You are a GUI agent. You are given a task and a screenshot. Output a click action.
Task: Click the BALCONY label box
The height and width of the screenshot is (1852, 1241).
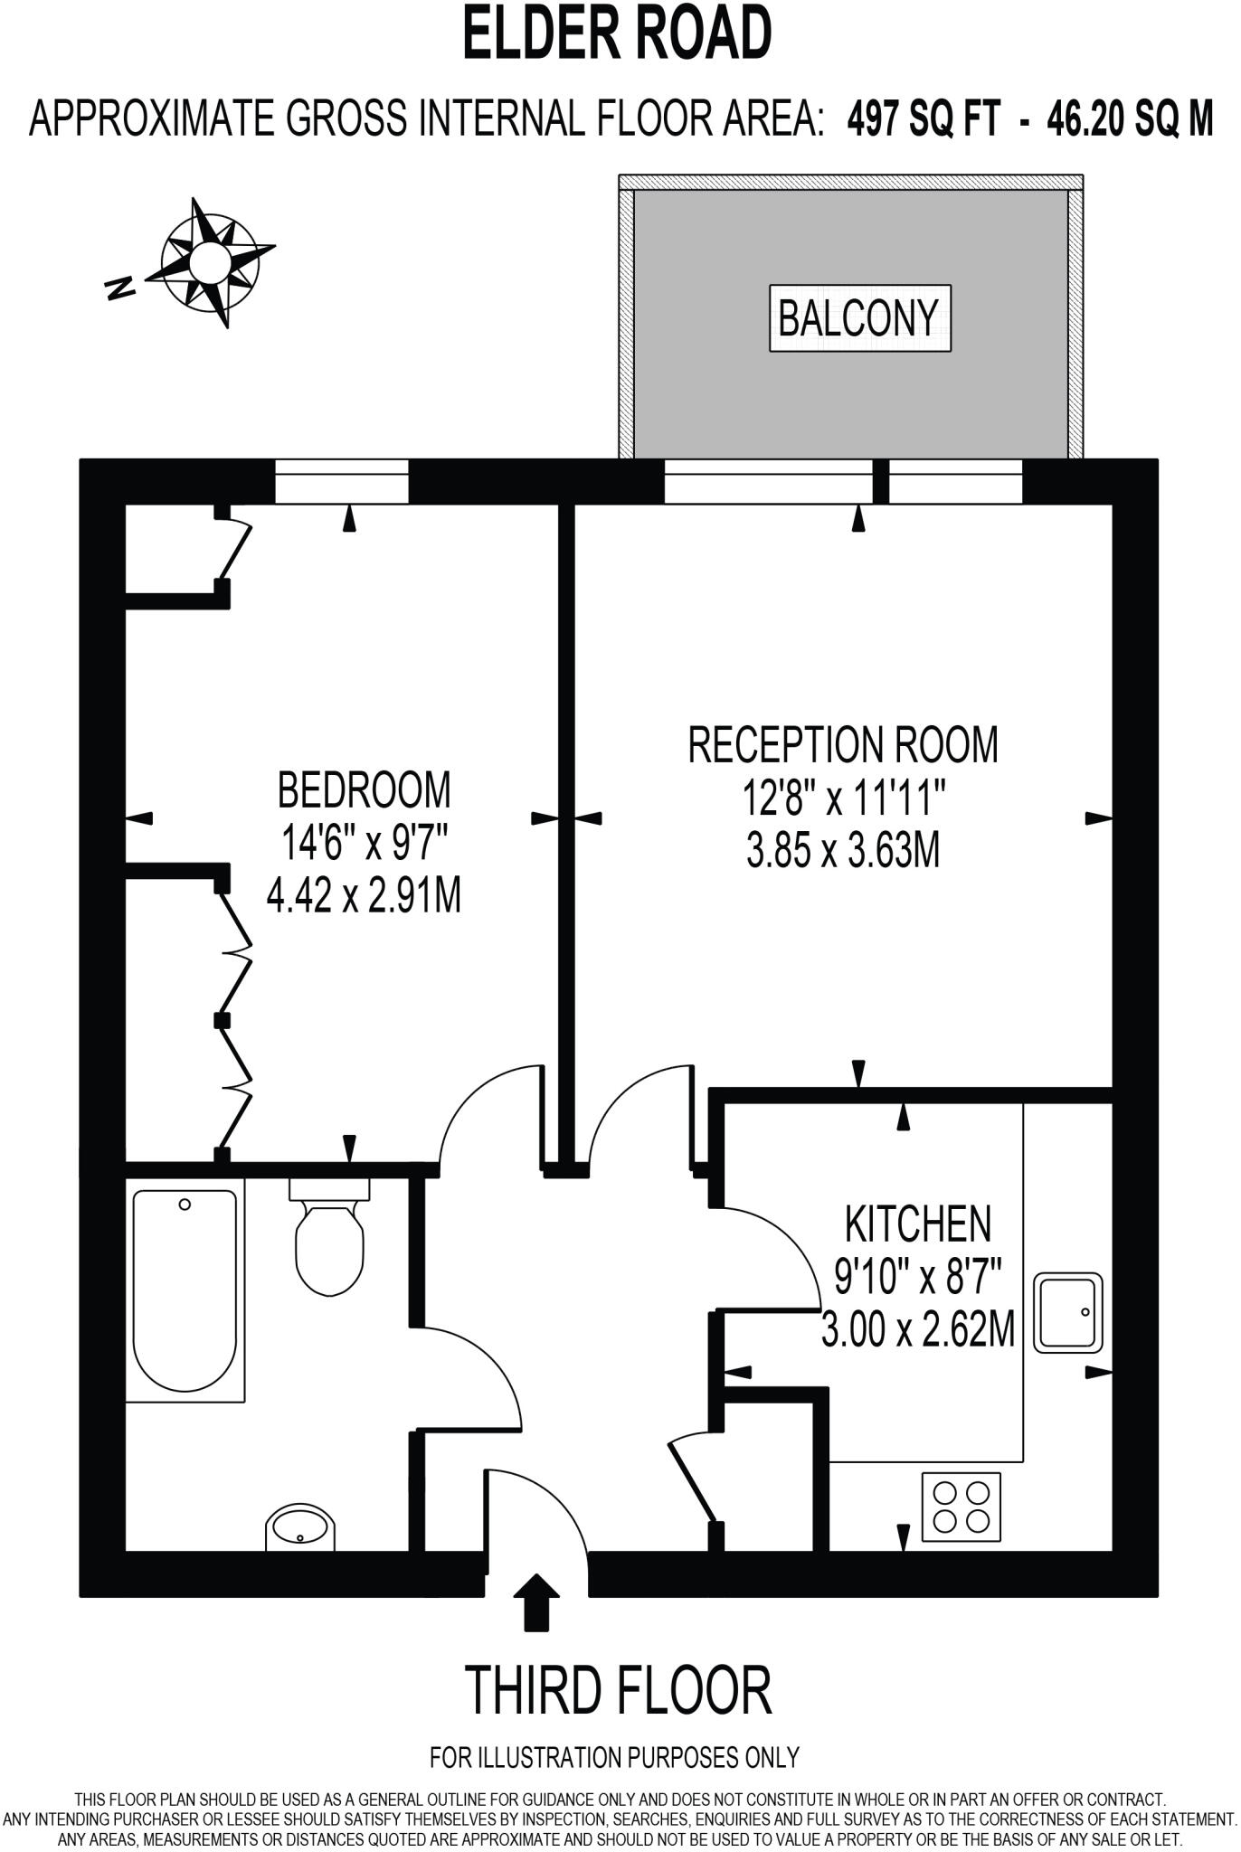tap(859, 318)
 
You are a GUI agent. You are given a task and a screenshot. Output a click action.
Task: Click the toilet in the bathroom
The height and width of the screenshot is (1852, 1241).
tap(329, 1238)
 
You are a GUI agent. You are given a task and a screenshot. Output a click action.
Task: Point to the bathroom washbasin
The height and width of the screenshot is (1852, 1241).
tap(300, 1527)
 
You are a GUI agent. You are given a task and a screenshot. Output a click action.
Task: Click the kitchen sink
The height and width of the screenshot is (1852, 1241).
tap(1068, 1313)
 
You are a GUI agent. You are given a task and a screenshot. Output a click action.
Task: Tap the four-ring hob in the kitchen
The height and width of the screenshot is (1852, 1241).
tap(961, 1507)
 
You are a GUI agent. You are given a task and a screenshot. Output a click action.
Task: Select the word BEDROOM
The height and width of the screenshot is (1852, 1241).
tap(364, 790)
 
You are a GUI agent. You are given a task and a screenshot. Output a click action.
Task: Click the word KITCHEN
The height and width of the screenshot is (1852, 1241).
tap(917, 1225)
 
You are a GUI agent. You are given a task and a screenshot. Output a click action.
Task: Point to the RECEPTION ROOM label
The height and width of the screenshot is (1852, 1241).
tap(843, 745)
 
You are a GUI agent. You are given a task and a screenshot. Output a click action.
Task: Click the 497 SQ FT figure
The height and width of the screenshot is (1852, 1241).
tap(924, 118)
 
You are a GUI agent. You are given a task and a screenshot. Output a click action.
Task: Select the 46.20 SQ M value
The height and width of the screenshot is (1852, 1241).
tap(1129, 118)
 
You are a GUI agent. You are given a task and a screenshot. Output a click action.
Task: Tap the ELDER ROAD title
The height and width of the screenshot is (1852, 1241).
tap(618, 33)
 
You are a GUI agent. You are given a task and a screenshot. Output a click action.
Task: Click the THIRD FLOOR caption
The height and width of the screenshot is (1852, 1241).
tap(619, 1690)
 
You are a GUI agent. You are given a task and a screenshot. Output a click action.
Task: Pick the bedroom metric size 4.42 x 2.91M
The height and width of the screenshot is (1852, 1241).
tap(364, 897)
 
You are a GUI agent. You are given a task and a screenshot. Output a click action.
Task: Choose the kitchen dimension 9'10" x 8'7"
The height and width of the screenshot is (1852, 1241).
tap(917, 1279)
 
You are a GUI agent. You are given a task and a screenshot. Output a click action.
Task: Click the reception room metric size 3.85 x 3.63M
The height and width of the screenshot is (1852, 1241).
tap(843, 852)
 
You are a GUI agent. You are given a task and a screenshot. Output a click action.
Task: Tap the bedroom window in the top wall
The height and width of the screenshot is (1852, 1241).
tap(342, 481)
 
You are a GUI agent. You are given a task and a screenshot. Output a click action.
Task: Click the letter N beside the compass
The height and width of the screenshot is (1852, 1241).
tap(119, 288)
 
